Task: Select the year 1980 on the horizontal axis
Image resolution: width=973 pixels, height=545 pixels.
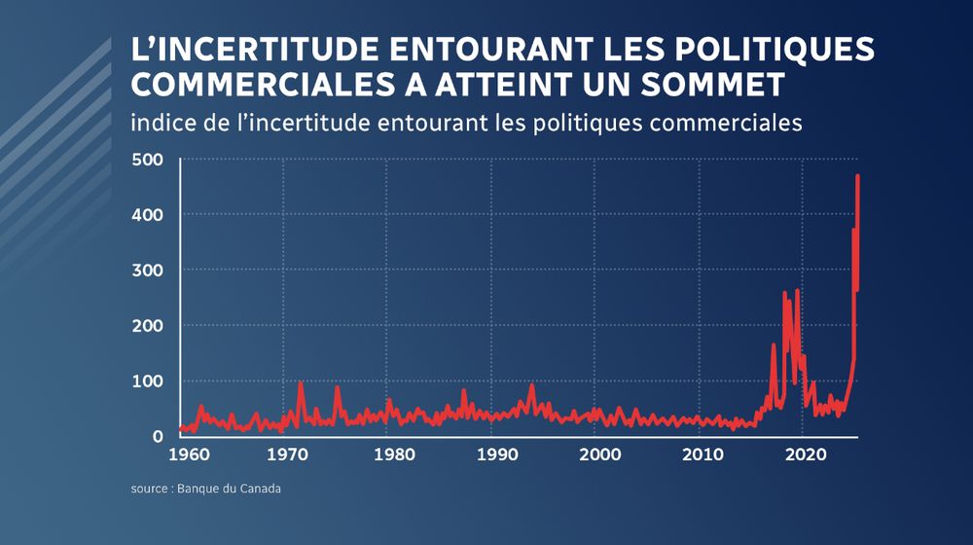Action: click(393, 454)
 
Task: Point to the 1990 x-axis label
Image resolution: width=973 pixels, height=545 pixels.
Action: click(496, 454)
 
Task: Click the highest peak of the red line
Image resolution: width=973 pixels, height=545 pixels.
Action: click(857, 176)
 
